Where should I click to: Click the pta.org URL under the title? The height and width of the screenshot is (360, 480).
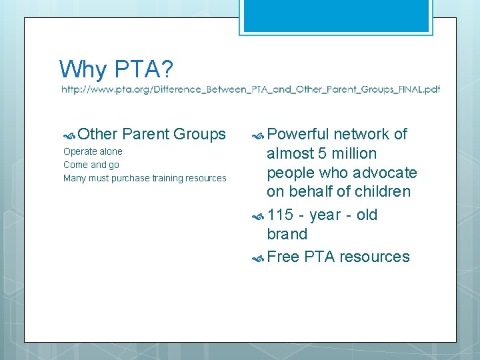251,89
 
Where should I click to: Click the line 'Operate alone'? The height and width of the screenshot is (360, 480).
93,151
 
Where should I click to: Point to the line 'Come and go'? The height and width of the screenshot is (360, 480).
91,165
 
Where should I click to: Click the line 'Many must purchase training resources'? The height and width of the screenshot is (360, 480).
145,178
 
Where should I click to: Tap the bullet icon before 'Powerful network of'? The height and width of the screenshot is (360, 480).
258,135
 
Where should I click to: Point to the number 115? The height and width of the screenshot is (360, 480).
280,215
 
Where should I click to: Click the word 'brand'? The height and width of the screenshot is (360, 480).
287,234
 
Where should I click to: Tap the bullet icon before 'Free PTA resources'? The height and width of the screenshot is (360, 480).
258,257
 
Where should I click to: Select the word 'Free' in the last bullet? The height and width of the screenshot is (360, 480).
283,257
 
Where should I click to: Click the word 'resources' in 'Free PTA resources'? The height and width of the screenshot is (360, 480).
374,257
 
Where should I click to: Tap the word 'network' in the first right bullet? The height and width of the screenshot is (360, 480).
359,134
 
